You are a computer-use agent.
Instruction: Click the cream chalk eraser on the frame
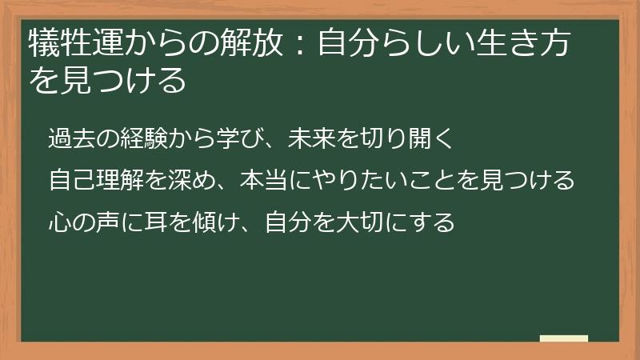[x=563, y=338]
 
